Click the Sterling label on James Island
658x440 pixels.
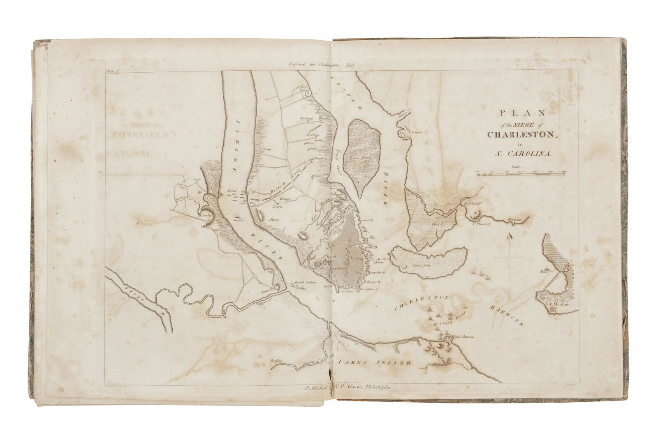pos(277,361)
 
